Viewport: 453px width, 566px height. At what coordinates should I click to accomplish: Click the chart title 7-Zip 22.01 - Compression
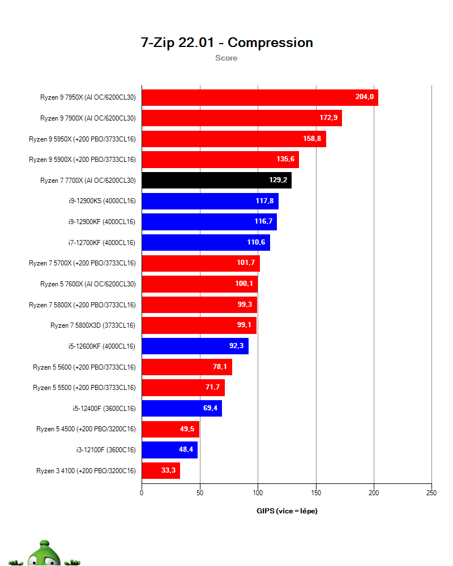point(226,42)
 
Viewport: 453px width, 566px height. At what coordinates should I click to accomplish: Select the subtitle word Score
point(226,58)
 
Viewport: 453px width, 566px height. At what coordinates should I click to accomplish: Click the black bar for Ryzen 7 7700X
point(216,181)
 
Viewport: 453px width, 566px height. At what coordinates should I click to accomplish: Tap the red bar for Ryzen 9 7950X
point(259,97)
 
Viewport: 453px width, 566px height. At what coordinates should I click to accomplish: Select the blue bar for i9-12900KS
point(210,201)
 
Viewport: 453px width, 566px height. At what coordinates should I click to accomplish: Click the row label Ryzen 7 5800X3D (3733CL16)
point(93,325)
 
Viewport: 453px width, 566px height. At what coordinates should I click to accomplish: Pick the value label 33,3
point(169,470)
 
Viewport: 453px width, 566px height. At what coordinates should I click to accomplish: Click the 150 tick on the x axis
point(315,493)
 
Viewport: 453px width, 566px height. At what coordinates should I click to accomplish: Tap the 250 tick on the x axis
point(431,493)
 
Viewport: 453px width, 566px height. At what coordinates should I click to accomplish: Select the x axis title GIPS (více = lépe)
point(287,511)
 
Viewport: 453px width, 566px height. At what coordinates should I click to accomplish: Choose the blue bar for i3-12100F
point(169,450)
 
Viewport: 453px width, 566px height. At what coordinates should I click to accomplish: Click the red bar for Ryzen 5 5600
point(186,367)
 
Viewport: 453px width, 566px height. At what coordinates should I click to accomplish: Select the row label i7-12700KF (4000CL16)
point(101,242)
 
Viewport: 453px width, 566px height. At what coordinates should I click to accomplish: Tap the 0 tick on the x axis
point(142,493)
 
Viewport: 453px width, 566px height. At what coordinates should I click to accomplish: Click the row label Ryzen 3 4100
point(86,470)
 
